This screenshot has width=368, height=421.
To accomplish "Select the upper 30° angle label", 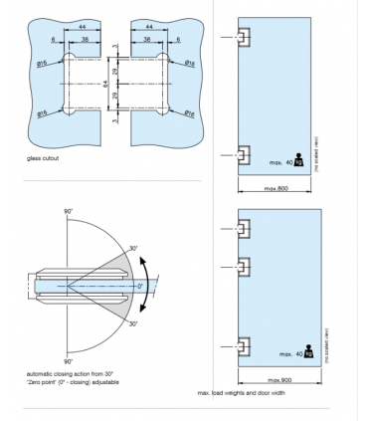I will coord(132,249).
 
